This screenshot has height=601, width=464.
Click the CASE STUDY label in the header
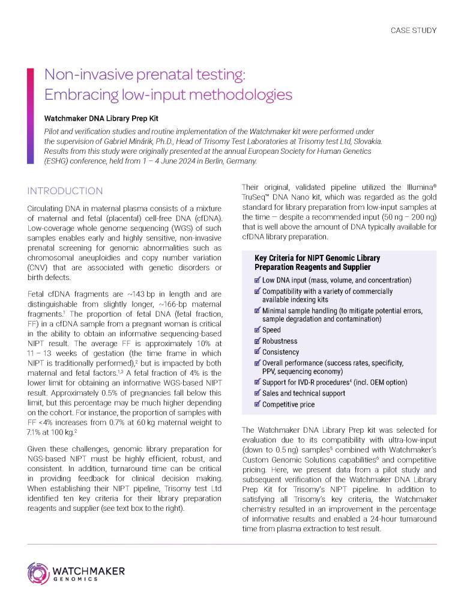click(x=414, y=31)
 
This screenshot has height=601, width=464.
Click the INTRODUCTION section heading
click(x=65, y=191)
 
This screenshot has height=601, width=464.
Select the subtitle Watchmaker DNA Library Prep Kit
click(x=107, y=118)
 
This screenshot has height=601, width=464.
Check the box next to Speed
click(x=258, y=330)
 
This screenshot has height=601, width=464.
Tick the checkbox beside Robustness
click(x=258, y=341)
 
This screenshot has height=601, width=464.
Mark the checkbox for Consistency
click(x=258, y=352)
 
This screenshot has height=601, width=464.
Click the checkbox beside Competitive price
click(x=258, y=404)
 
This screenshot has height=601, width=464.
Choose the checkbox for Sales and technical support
click(x=258, y=393)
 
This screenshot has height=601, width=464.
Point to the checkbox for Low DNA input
click(x=258, y=280)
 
